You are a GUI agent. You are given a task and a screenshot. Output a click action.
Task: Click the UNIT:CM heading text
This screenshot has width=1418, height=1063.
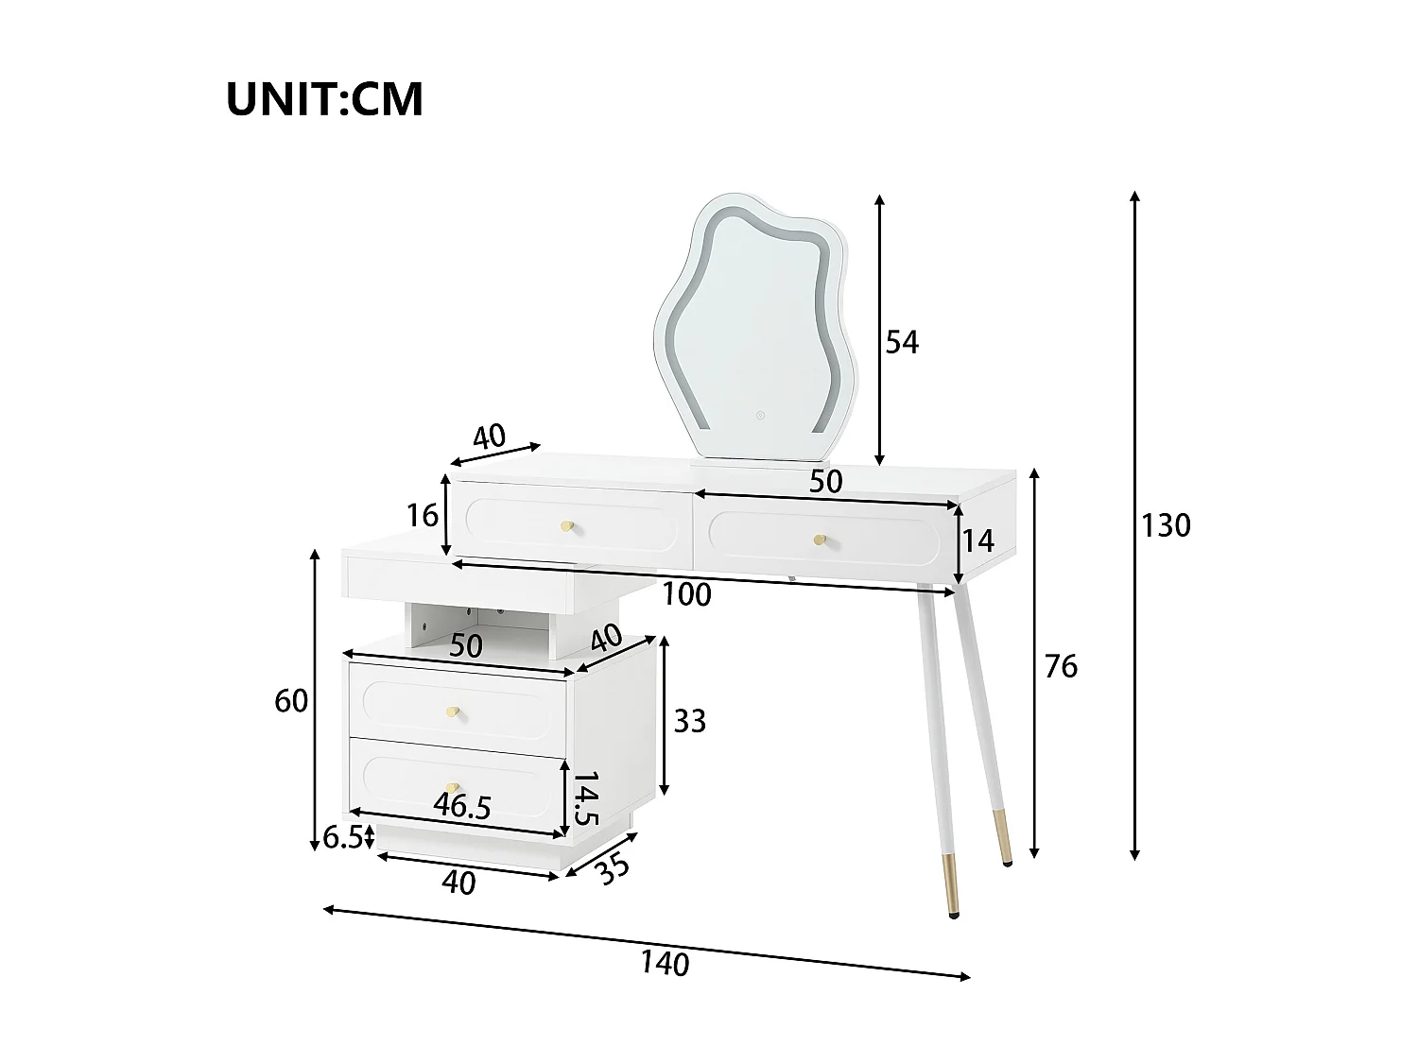tap(324, 99)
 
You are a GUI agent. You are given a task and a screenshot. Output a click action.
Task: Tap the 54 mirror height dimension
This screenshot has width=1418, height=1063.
tap(901, 341)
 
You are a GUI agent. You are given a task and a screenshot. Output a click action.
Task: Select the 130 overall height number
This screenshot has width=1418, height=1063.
tap(1165, 524)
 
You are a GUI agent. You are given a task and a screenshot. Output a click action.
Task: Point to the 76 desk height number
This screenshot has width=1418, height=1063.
tap(1060, 666)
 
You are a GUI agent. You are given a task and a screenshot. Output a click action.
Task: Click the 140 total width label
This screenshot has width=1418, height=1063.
tap(665, 963)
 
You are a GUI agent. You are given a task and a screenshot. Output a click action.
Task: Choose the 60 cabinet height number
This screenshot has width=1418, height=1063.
tap(291, 701)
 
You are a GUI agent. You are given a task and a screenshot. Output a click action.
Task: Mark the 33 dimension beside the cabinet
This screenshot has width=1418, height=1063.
tap(689, 721)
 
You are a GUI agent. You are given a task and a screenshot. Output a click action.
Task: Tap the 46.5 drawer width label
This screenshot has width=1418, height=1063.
tap(462, 806)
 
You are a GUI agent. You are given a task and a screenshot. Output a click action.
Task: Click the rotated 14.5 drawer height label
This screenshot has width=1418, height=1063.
tap(585, 799)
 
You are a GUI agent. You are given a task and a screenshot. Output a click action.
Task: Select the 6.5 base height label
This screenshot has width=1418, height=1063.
tap(342, 837)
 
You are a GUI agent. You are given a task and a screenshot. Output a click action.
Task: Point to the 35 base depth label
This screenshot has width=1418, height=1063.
tap(614, 868)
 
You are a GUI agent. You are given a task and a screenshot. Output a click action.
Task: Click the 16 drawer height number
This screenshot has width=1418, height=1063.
tap(422, 515)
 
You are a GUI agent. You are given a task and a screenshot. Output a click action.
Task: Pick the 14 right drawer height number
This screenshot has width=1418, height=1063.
tap(977, 540)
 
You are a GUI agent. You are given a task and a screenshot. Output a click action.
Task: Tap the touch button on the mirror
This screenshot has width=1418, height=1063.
tap(758, 413)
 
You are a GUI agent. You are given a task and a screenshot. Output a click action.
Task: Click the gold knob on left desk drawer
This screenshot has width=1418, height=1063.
tap(567, 526)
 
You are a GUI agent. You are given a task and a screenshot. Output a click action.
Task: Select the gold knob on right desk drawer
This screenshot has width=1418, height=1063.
tap(820, 540)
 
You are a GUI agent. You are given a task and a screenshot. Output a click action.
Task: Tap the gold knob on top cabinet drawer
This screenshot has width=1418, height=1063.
tap(454, 711)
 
